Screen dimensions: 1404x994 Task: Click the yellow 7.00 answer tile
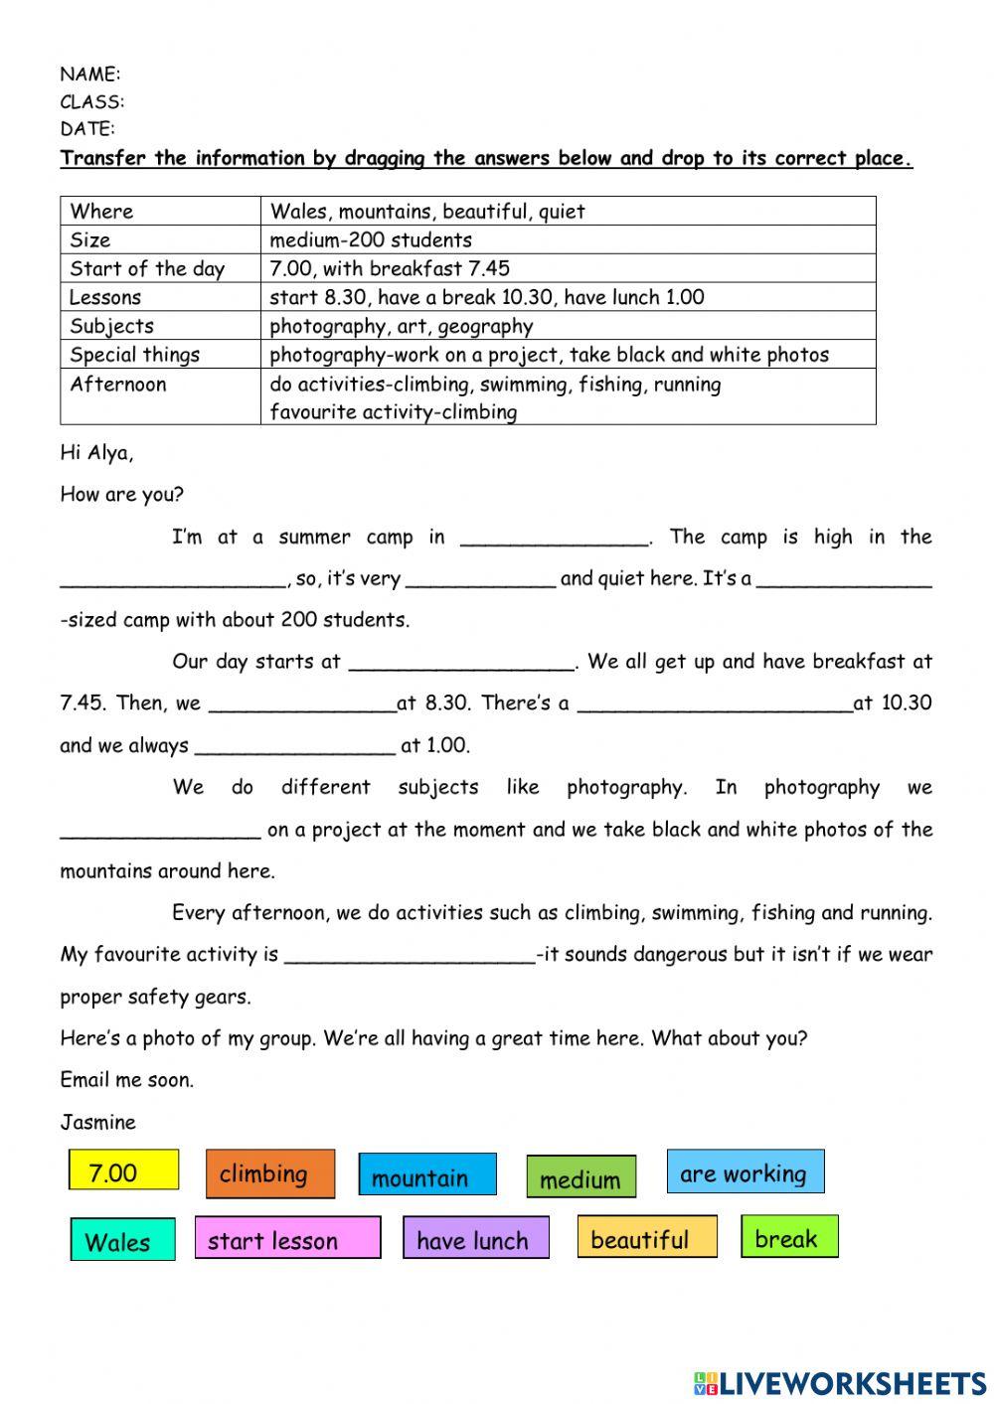(x=123, y=1170)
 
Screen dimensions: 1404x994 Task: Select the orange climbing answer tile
(x=269, y=1173)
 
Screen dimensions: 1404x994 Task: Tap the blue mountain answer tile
(x=426, y=1175)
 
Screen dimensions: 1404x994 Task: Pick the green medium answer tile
(x=580, y=1177)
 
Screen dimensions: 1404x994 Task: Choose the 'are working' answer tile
(x=745, y=1172)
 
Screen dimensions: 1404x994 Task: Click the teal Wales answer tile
(x=122, y=1240)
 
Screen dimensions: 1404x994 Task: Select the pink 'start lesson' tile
(x=287, y=1239)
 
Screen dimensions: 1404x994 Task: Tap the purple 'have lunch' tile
(x=475, y=1239)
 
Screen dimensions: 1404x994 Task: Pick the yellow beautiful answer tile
(x=646, y=1238)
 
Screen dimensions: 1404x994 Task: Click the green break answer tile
(x=789, y=1237)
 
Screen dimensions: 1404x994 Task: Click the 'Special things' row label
(x=135, y=355)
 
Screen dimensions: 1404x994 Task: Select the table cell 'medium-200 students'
(x=371, y=239)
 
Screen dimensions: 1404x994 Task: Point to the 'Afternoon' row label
(x=118, y=385)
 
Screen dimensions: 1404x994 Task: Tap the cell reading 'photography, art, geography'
(x=402, y=326)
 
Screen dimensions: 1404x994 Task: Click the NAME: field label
(x=90, y=74)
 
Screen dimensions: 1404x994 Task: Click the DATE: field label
(x=87, y=128)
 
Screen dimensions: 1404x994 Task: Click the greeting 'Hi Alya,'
(x=96, y=453)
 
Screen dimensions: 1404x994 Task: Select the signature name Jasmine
(x=97, y=1122)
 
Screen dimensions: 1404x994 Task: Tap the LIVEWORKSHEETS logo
(x=840, y=1382)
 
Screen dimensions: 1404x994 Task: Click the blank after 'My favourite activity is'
(x=410, y=956)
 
